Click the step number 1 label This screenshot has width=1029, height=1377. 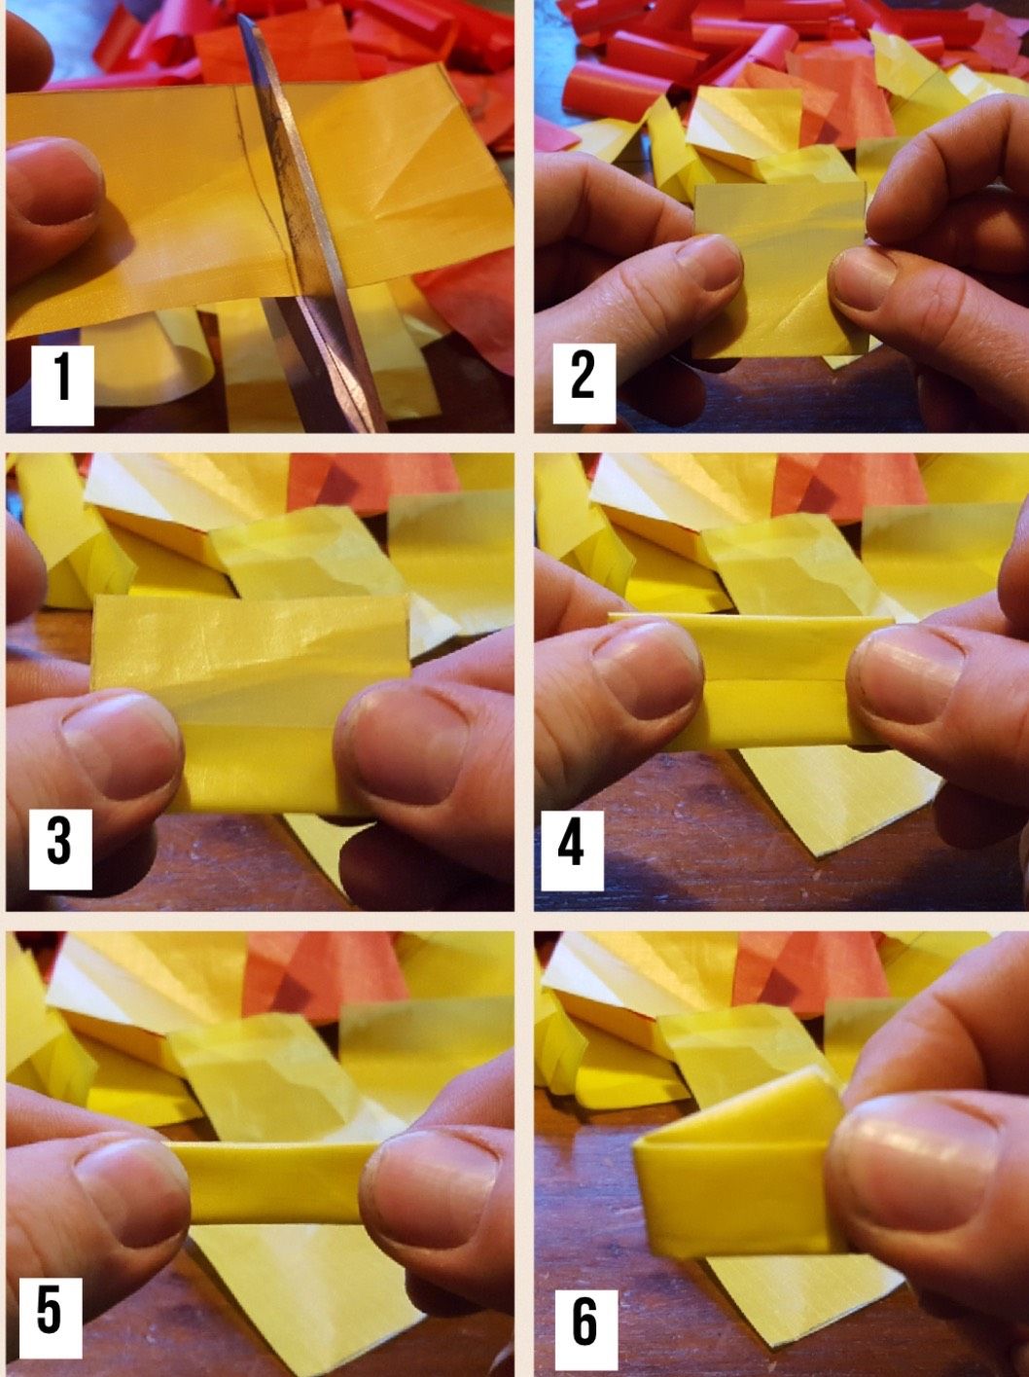(62, 383)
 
